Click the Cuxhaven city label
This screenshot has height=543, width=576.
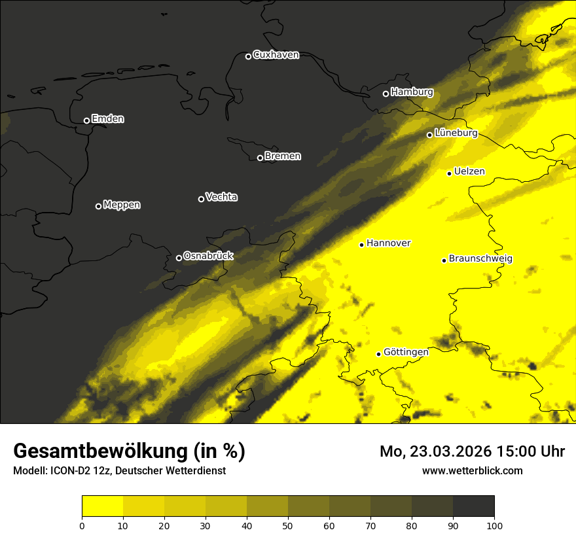pos(276,55)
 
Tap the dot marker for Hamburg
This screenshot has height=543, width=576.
pos(386,94)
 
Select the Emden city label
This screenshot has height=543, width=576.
pos(107,119)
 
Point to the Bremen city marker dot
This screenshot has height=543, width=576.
pos(260,158)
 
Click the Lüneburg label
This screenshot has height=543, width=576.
pos(456,133)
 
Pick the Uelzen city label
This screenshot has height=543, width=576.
pos(469,172)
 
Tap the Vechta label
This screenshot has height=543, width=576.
pos(221,197)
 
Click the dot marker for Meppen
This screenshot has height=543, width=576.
pos(98,206)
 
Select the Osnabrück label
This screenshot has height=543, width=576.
pos(208,256)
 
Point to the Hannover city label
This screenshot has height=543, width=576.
pos(388,243)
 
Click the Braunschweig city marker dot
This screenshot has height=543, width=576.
pos(444,260)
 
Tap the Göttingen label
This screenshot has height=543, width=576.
pos(406,353)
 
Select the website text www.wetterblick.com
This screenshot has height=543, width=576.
pos(472,470)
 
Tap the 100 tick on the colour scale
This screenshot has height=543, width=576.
pos(494,525)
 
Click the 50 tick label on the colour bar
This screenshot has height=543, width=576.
pos(288,525)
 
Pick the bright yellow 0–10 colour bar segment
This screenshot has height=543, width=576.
pos(103,506)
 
